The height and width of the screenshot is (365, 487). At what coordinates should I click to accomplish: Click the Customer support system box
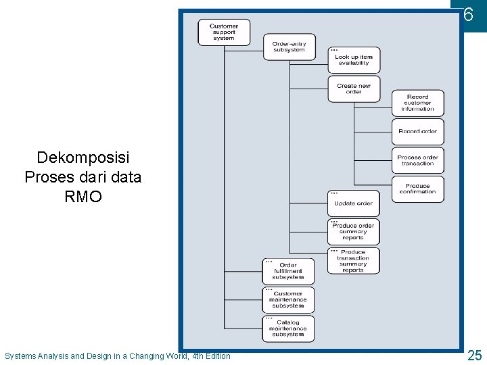pyautogui.click(x=224, y=32)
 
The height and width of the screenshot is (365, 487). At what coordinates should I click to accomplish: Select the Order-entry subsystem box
pyautogui.click(x=289, y=47)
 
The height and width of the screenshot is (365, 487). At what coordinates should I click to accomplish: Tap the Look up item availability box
pyautogui.click(x=354, y=60)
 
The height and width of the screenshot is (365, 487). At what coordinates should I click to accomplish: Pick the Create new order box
pyautogui.click(x=354, y=89)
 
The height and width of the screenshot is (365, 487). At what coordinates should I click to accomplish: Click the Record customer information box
pyautogui.click(x=417, y=103)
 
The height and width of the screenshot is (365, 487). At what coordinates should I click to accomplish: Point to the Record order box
pyautogui.click(x=417, y=131)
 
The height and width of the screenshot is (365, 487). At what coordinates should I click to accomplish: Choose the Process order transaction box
pyautogui.click(x=417, y=160)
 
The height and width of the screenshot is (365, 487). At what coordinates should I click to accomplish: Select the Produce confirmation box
pyautogui.click(x=417, y=189)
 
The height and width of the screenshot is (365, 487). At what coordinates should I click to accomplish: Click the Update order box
pyautogui.click(x=353, y=203)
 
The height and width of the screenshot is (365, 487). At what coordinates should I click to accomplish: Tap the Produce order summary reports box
pyautogui.click(x=353, y=232)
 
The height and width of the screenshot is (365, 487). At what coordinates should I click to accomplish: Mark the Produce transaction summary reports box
pyautogui.click(x=353, y=261)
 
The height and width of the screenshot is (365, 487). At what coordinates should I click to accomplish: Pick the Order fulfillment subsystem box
pyautogui.click(x=288, y=271)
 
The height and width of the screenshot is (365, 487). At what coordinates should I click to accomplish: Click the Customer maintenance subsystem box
pyautogui.click(x=288, y=299)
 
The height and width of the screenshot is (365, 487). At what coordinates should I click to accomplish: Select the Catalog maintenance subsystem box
pyautogui.click(x=288, y=328)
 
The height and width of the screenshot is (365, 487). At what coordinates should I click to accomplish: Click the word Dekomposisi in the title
pyautogui.click(x=83, y=158)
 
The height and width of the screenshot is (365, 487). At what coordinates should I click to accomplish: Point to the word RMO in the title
pyautogui.click(x=83, y=197)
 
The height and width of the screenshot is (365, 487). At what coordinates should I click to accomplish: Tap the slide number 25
pyautogui.click(x=474, y=355)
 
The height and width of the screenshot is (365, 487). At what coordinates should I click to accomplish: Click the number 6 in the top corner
pyautogui.click(x=468, y=14)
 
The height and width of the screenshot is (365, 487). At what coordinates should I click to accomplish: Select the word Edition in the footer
pyautogui.click(x=216, y=356)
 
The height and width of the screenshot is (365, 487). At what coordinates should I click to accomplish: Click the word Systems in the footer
pyautogui.click(x=21, y=356)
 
